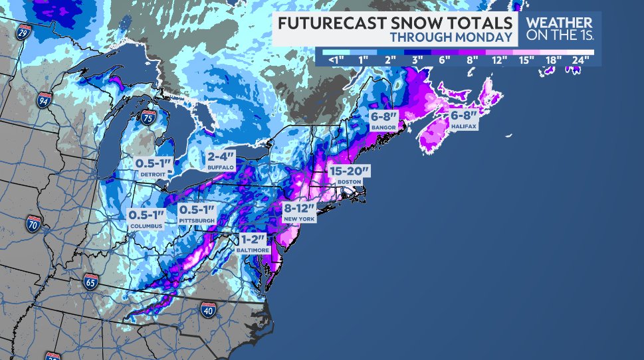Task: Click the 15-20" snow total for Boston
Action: point(350,171)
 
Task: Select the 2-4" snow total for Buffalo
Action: point(221,157)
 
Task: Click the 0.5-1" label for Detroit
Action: point(154,163)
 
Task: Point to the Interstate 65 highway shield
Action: point(91,280)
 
